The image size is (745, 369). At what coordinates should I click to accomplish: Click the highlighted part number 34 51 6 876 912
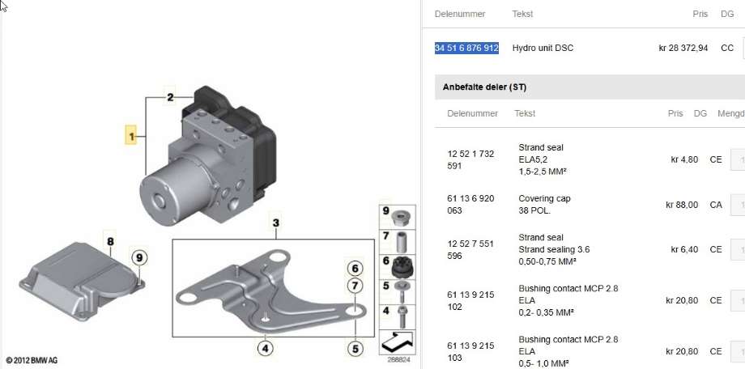tap(466, 48)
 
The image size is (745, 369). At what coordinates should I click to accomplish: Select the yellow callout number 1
tap(130, 135)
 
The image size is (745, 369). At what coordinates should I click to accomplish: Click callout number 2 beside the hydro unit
tap(170, 97)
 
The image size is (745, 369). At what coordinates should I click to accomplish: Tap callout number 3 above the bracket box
tap(275, 223)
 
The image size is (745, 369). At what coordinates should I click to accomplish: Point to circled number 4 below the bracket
tap(265, 349)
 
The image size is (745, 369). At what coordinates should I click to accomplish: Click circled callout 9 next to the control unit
tap(139, 258)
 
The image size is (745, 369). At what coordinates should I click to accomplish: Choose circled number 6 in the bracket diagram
tap(355, 269)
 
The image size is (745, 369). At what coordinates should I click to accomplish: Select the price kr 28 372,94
tap(683, 48)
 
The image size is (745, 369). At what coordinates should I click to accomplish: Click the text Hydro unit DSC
tap(543, 48)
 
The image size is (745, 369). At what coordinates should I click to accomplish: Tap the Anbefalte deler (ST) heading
tap(484, 87)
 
